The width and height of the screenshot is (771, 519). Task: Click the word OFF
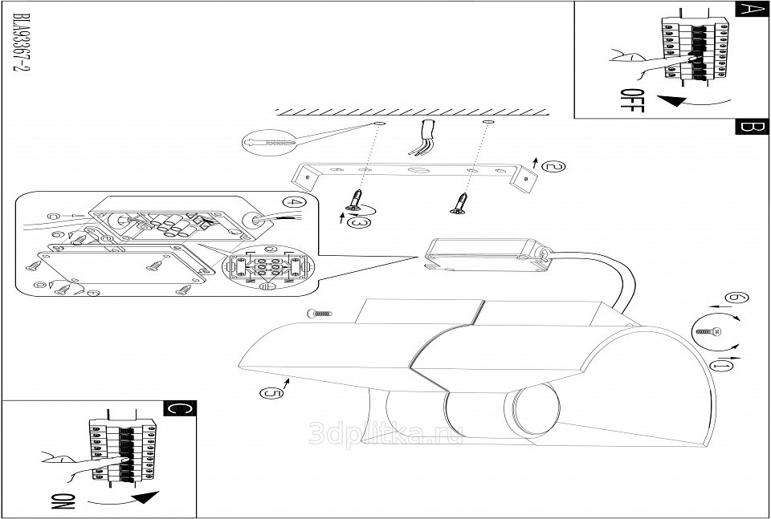633,103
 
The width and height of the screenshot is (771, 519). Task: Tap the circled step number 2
553,167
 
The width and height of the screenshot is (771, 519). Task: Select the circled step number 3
361,221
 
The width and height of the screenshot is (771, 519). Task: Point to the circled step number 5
271,392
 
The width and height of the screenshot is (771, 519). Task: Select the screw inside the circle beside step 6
708,331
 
